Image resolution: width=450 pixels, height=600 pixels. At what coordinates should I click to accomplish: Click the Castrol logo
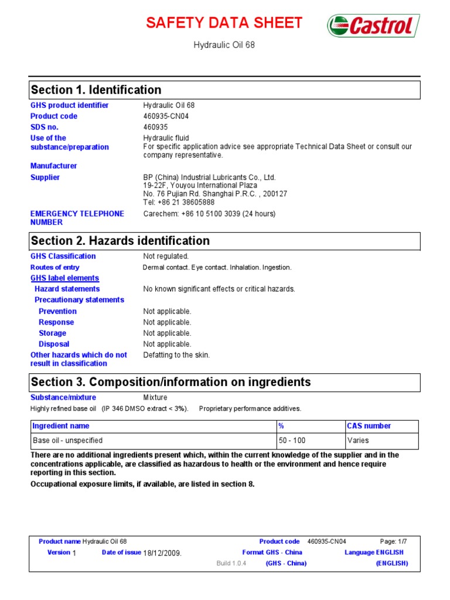(x=373, y=26)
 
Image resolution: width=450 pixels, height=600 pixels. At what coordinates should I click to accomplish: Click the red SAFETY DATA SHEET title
(x=224, y=23)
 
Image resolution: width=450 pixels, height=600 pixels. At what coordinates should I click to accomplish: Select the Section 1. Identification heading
(x=96, y=90)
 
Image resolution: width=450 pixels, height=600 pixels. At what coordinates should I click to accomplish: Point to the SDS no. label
(x=45, y=127)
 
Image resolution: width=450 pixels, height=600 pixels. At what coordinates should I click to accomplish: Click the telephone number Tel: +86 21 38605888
(x=175, y=202)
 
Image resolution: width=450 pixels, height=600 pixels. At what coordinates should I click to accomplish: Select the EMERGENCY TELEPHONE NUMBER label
(x=77, y=218)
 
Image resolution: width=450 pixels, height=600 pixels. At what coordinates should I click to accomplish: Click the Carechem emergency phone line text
(x=209, y=214)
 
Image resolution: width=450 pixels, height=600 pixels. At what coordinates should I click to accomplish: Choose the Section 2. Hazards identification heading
(x=120, y=241)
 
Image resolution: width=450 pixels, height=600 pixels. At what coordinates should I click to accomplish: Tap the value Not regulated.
(x=166, y=256)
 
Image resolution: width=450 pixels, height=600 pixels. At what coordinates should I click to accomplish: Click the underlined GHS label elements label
(x=64, y=278)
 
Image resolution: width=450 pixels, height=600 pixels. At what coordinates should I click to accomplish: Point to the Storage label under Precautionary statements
(x=52, y=333)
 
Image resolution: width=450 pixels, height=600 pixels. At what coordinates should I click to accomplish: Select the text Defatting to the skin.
(x=176, y=355)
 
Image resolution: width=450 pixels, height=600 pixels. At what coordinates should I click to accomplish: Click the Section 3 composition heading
(x=171, y=383)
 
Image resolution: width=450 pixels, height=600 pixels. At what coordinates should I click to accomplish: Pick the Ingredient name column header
(x=60, y=426)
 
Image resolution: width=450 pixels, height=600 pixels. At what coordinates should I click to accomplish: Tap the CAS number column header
(x=369, y=426)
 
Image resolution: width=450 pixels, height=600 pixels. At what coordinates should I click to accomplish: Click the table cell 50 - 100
(x=292, y=441)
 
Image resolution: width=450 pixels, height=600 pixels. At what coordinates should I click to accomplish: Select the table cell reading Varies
(x=358, y=441)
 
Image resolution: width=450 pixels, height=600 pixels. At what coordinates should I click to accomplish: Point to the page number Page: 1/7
(x=393, y=541)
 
